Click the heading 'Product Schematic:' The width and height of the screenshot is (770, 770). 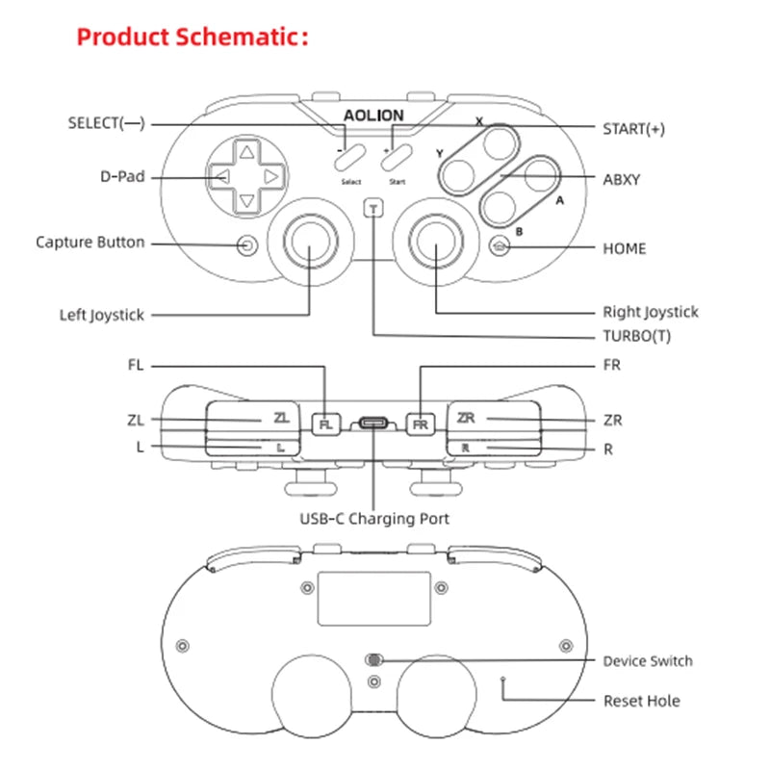[192, 38]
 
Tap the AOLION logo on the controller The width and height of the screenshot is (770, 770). [373, 115]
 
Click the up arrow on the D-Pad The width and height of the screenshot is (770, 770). [247, 152]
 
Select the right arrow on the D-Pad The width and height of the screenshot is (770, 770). [272, 177]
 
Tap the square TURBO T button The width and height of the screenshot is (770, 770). [373, 208]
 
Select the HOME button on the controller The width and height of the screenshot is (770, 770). [499, 246]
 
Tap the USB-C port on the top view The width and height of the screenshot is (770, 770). [373, 423]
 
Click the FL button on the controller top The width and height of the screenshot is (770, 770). [327, 423]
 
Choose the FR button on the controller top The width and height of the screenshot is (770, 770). [420, 423]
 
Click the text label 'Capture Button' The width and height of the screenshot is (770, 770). [90, 243]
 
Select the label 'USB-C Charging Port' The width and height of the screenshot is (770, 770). [373, 519]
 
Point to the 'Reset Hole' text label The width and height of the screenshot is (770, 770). [641, 701]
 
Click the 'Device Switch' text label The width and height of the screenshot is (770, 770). [647, 661]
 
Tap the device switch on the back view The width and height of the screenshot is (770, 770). [373, 660]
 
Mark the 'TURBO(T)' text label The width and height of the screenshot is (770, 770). [636, 336]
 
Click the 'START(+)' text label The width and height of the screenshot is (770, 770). [633, 129]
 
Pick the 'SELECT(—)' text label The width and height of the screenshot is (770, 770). [106, 123]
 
